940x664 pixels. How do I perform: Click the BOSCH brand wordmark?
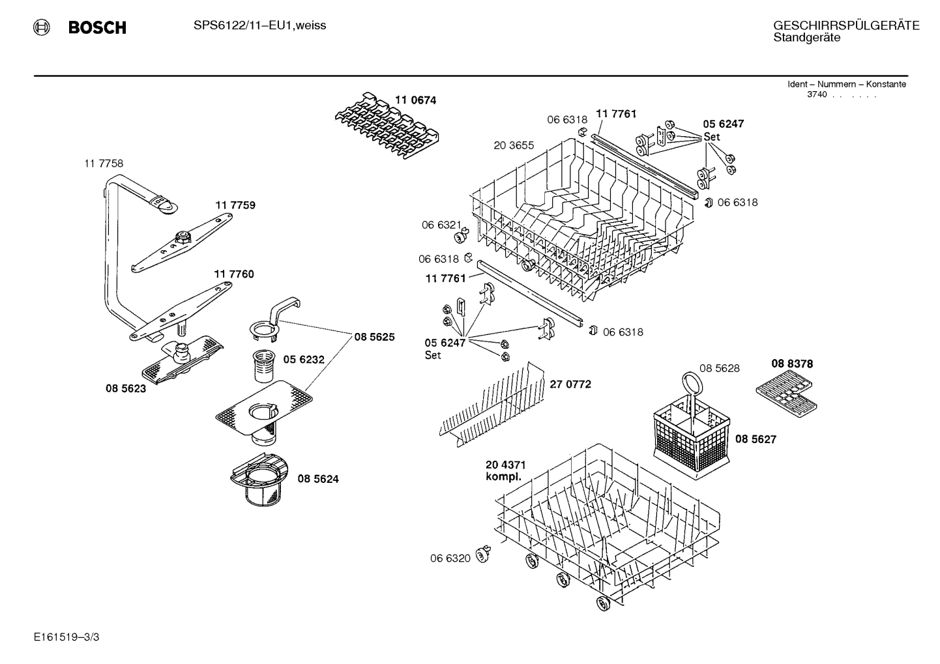96,27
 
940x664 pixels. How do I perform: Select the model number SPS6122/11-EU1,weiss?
259,25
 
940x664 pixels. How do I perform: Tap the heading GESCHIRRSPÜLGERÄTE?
846,25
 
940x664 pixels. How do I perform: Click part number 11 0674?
415,100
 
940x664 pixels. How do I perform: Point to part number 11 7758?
103,164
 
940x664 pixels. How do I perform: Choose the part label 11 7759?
235,205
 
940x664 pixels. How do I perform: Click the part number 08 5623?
126,388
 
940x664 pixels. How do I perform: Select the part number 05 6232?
303,360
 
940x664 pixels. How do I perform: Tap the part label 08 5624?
318,479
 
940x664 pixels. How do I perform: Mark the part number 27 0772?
570,384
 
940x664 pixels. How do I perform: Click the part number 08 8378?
792,364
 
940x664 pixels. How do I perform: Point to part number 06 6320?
450,558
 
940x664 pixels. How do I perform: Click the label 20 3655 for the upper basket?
514,145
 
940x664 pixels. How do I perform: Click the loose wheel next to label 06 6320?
484,555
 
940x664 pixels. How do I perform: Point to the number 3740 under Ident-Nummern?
817,94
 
